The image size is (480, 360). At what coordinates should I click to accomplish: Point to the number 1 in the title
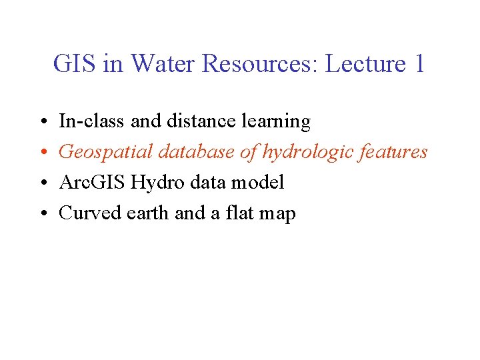click(419, 64)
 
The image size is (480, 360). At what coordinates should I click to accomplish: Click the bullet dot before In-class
click(42, 122)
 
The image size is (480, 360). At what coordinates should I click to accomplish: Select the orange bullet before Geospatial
click(42, 153)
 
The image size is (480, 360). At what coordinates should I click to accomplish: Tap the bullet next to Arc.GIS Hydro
click(42, 183)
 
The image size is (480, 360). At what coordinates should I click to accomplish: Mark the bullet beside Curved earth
click(42, 214)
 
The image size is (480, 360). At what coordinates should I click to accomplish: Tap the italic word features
click(393, 152)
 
